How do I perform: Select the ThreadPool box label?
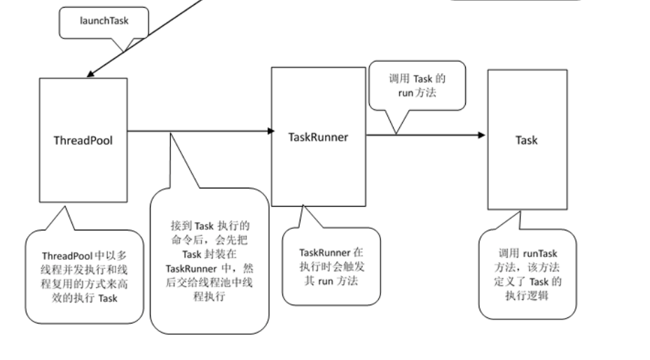coord(83,139)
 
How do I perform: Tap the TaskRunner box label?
coord(318,137)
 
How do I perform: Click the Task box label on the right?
coord(527,140)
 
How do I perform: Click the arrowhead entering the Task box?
coord(481,134)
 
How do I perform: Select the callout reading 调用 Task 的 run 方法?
coord(417,85)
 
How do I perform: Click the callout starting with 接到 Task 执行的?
coord(209,260)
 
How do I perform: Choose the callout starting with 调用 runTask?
coord(527,272)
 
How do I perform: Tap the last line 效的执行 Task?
coord(79,299)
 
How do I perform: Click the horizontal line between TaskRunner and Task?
coord(424,134)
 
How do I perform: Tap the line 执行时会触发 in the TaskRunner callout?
coord(331,266)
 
